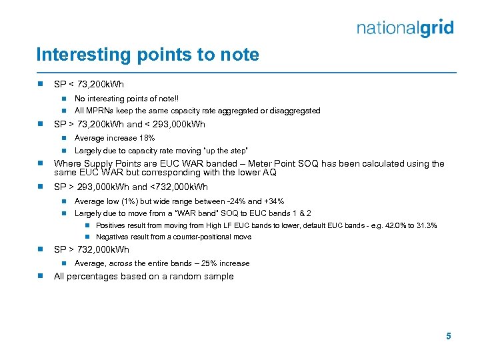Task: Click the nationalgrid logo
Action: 405,28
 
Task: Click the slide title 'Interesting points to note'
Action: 147,55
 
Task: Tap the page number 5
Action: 449,337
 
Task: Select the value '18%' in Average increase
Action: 147,138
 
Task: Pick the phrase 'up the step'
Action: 227,151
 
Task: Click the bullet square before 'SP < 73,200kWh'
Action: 41,85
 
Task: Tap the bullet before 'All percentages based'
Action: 41,276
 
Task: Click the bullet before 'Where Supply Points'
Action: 41,163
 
